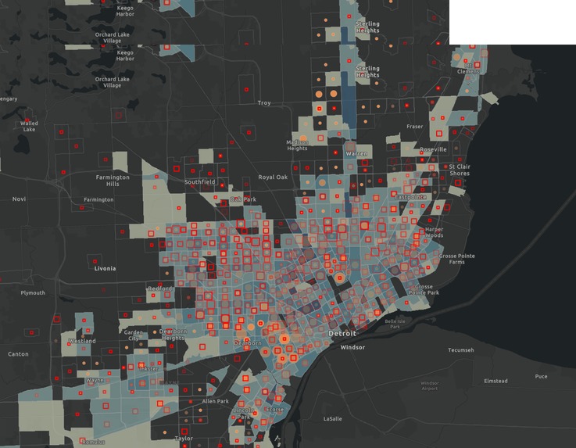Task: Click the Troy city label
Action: tap(264, 102)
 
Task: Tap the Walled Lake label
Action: tap(29, 126)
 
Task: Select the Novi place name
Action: tap(19, 199)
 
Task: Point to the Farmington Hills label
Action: tap(113, 180)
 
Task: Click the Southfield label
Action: tap(200, 182)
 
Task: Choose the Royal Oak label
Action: tap(273, 177)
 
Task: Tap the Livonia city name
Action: tap(105, 268)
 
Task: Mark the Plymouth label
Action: tap(33, 293)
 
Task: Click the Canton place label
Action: tap(17, 354)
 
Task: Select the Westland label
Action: tap(82, 342)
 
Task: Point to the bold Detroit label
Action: tap(342, 334)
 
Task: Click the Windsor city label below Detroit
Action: tap(353, 347)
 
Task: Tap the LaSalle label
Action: tap(333, 418)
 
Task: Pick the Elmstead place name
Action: tap(496, 381)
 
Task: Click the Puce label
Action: tap(541, 376)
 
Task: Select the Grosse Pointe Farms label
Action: tap(457, 259)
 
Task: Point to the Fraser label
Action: tap(414, 126)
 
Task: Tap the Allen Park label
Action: tap(215, 401)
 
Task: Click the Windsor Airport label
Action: tap(430, 385)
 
